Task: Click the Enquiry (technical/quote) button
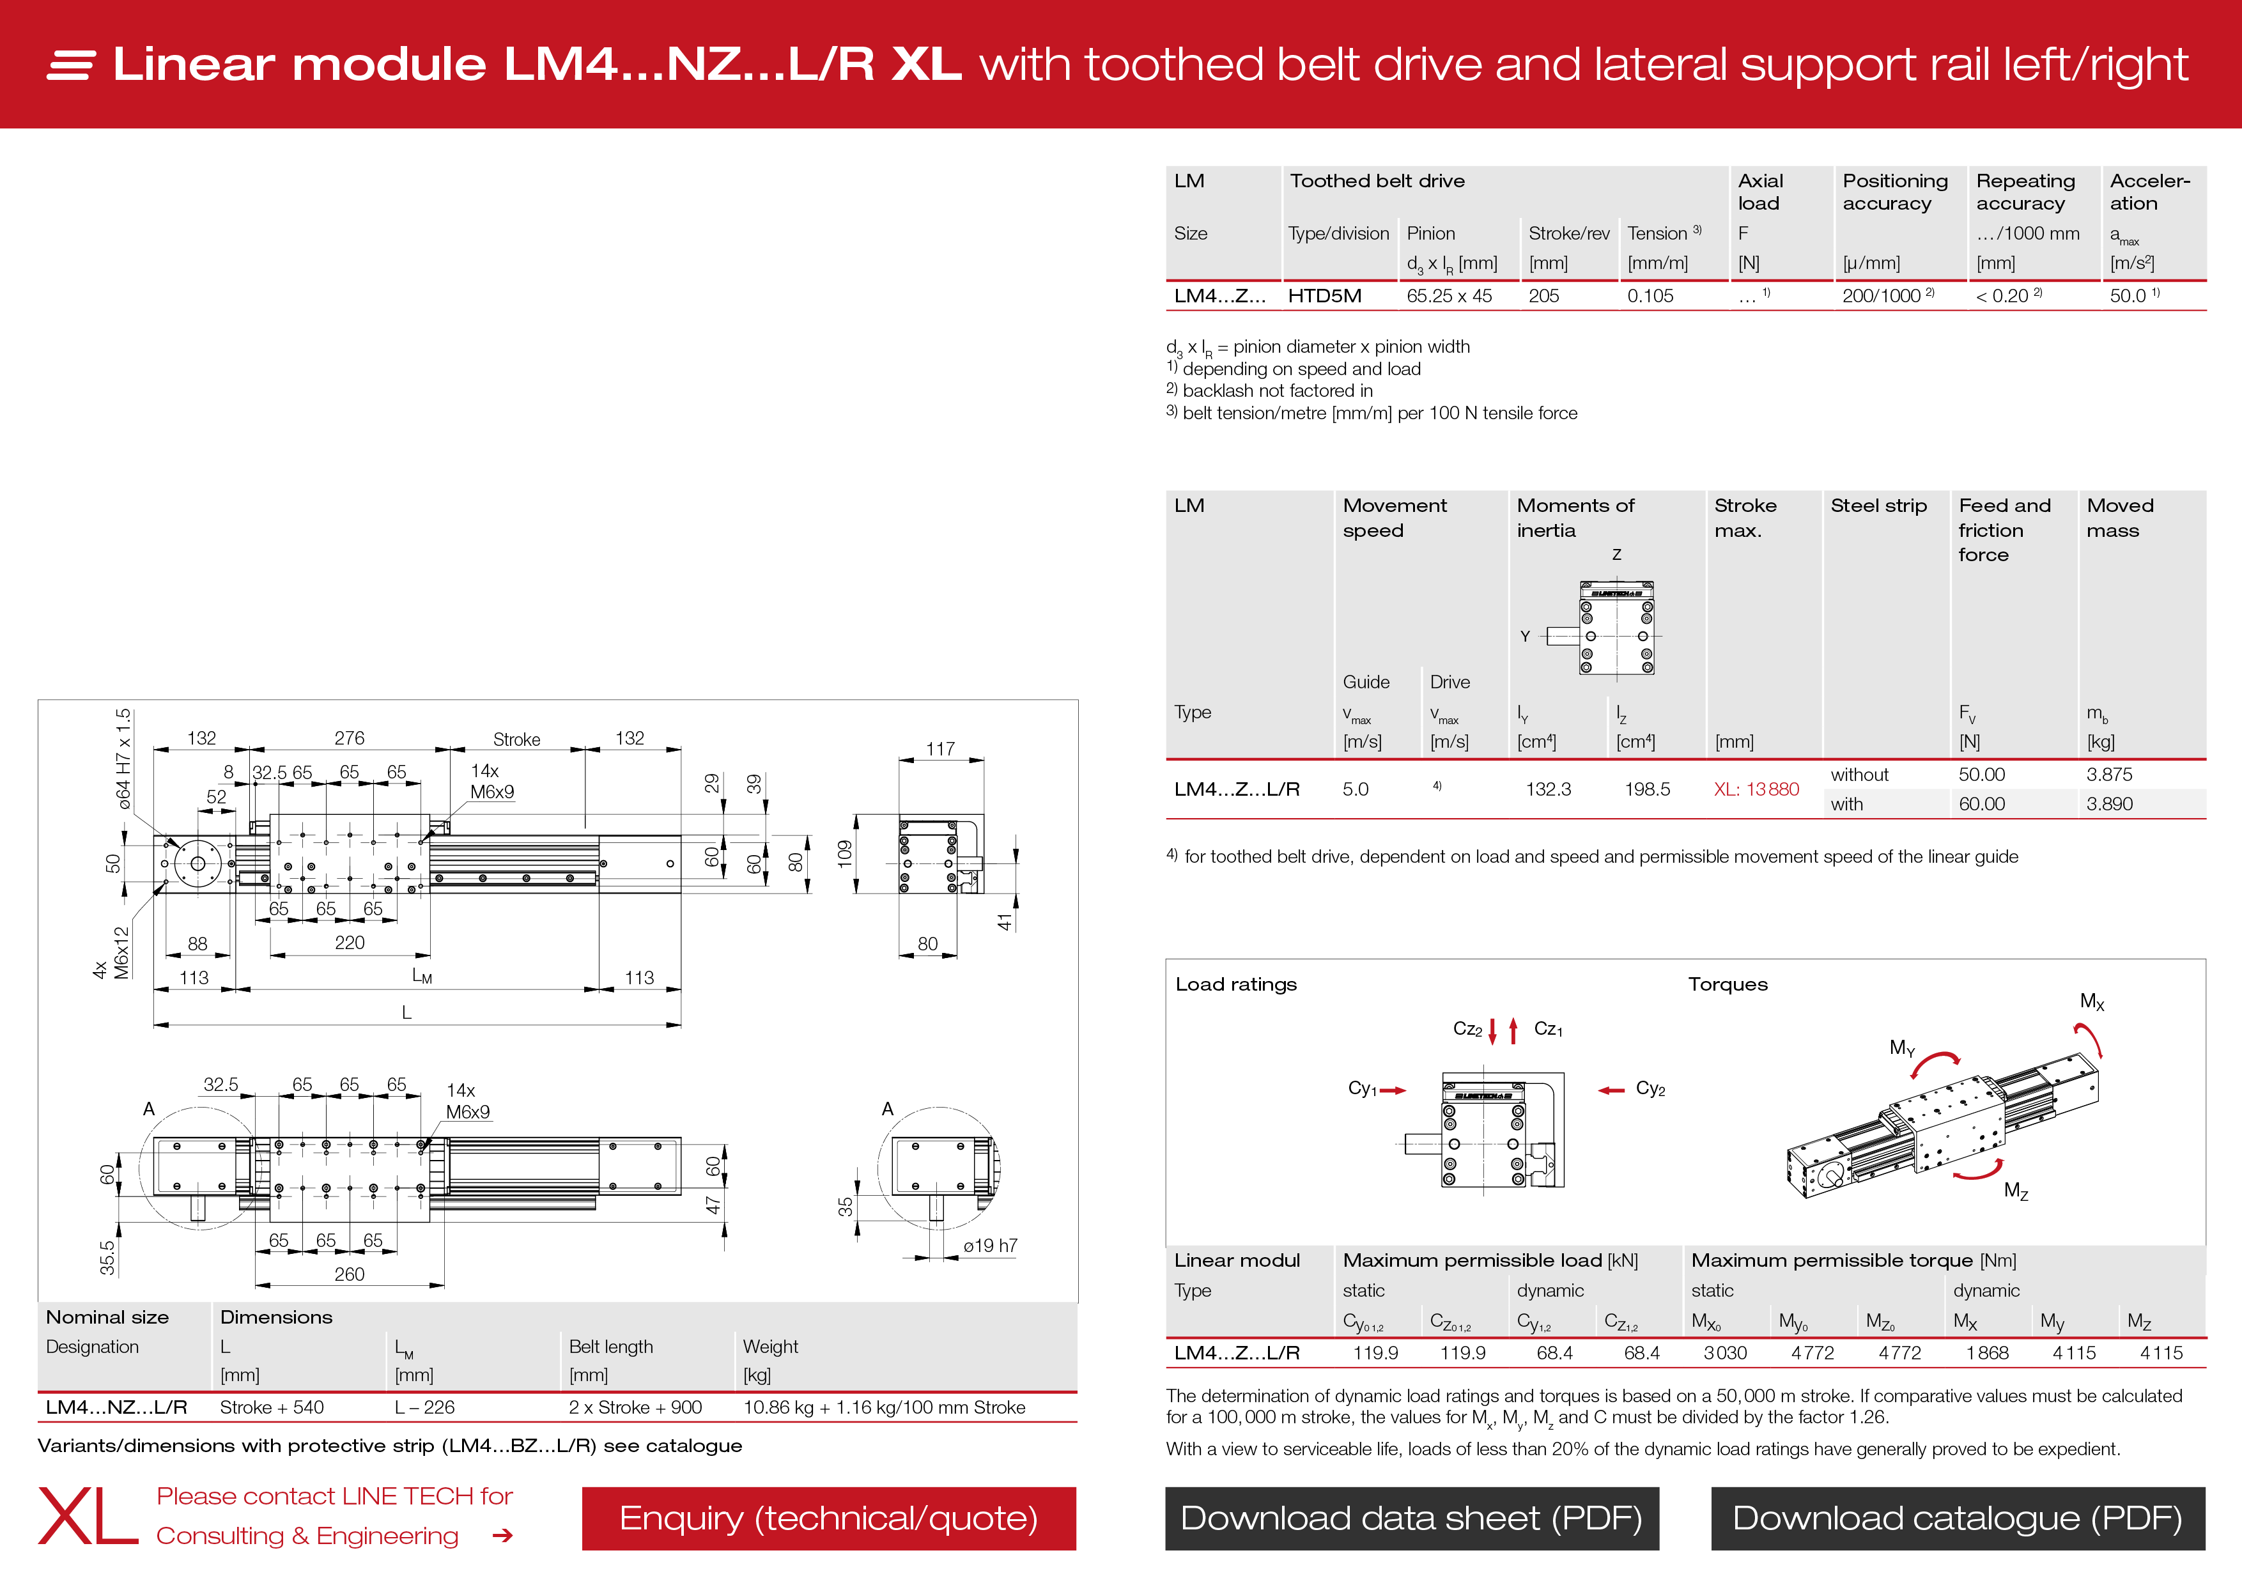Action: point(828,1518)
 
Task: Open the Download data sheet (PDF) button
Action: point(1411,1518)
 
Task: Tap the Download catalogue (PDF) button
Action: point(1957,1518)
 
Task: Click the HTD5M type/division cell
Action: point(1324,296)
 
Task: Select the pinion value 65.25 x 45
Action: point(1449,296)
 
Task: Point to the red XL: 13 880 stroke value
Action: point(1756,789)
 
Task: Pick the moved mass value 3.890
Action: point(2109,804)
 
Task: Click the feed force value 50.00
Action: point(1981,775)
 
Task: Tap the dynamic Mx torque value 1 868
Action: point(1987,1352)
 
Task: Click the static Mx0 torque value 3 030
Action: point(1724,1352)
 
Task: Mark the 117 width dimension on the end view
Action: point(940,749)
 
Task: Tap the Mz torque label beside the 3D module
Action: point(2016,1191)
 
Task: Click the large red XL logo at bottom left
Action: point(88,1517)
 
